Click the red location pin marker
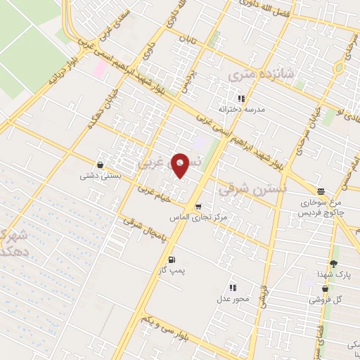click(181, 166)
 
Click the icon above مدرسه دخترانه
click(241, 99)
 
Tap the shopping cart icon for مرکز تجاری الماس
click(199, 207)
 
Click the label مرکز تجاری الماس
click(199, 218)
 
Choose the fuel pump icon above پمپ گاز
click(172, 260)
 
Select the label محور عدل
click(233, 298)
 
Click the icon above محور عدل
click(232, 288)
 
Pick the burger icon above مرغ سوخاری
click(321, 191)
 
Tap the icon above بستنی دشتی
click(100, 165)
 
